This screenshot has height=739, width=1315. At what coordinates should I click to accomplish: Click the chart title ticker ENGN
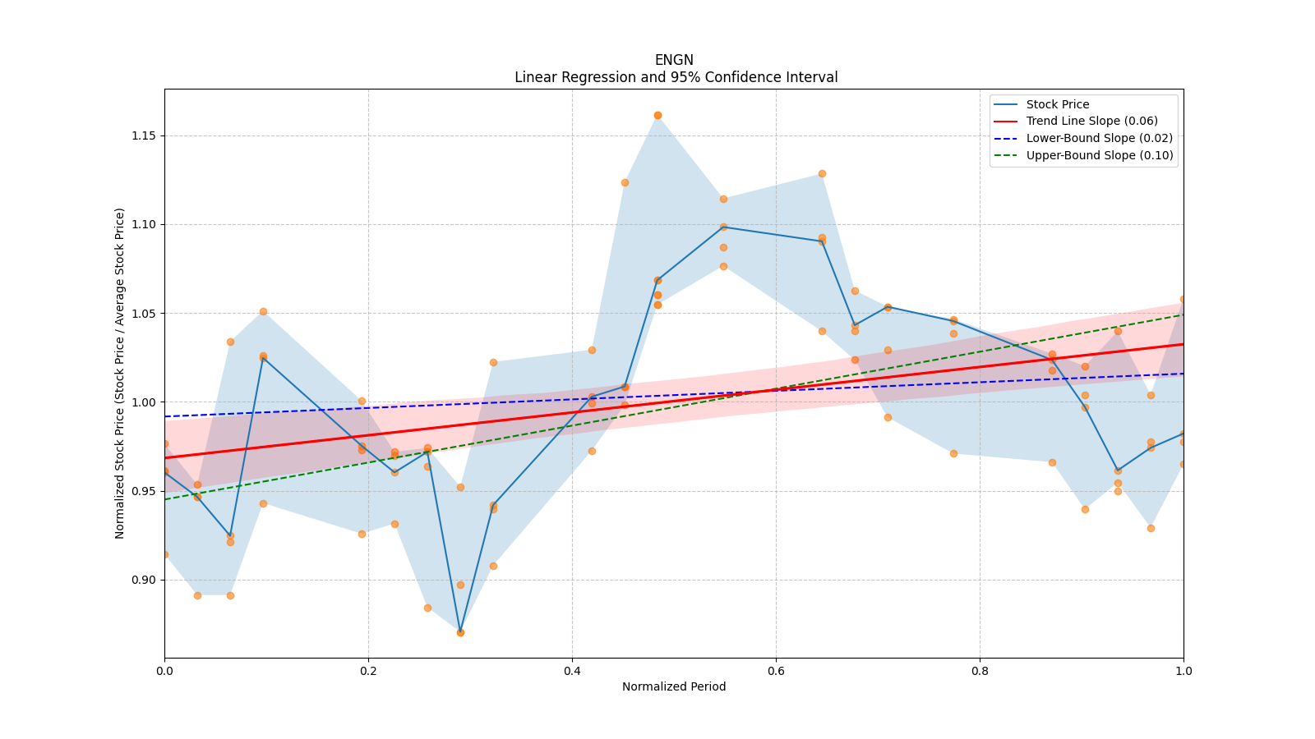click(x=674, y=60)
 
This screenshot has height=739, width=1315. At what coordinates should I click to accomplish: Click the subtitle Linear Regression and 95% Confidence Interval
click(x=676, y=77)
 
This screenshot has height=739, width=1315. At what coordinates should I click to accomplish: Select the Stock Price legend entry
click(x=1057, y=104)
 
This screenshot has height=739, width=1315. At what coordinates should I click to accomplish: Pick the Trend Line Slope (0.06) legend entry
click(x=1091, y=122)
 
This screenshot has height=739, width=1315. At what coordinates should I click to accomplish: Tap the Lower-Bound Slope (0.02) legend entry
click(x=1099, y=139)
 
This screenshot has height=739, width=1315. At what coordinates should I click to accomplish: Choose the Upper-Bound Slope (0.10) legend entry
click(x=1099, y=156)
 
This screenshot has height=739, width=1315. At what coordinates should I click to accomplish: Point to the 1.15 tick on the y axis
click(x=145, y=135)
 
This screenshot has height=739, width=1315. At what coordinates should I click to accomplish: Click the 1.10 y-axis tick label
click(x=145, y=224)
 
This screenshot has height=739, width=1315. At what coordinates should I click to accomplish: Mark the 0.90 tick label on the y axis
click(x=145, y=580)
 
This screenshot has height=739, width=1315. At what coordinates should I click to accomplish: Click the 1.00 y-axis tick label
click(x=145, y=402)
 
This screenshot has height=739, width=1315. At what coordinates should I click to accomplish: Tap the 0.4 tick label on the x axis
click(x=572, y=671)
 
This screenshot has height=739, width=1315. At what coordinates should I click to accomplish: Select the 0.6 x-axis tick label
click(x=776, y=671)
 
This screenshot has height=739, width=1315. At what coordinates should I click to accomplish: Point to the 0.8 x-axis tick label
click(x=980, y=671)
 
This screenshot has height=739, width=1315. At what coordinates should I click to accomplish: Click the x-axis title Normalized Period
click(x=674, y=686)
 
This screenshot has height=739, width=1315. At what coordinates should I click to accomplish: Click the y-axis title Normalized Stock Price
click(x=120, y=373)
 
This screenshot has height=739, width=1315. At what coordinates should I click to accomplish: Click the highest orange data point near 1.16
click(x=657, y=116)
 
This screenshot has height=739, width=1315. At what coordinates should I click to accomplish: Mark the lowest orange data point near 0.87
click(x=460, y=632)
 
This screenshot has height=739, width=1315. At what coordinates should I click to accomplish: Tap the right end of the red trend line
click(x=1183, y=344)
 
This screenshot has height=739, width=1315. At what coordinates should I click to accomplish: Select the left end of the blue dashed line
click(x=165, y=416)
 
